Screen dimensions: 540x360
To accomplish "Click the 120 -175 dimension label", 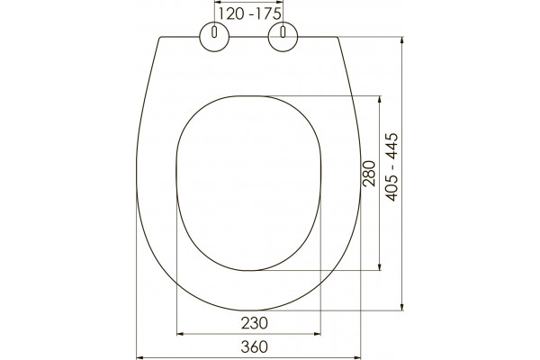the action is tap(249, 14).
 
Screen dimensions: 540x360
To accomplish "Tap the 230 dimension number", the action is tap(254, 323).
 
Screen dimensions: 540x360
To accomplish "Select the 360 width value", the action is tap(254, 346).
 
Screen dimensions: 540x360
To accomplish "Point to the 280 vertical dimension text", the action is tap(369, 174).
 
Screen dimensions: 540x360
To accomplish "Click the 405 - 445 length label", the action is tap(391, 166).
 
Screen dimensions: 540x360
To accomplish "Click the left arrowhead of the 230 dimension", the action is tap(179, 334).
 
